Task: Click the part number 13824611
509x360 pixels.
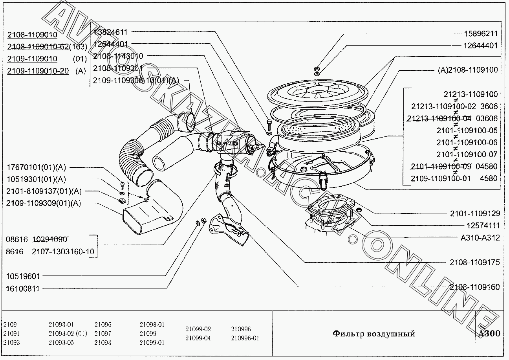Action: click(110, 32)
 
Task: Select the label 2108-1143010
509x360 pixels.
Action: click(118, 56)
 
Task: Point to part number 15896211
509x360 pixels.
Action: click(480, 34)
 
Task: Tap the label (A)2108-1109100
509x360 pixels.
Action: click(467, 70)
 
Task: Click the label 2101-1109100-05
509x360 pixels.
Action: click(467, 130)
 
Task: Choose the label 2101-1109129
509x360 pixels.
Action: click(475, 214)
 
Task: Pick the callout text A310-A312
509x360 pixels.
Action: click(480, 238)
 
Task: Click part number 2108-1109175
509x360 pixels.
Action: click(475, 262)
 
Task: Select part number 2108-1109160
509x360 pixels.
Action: click(475, 287)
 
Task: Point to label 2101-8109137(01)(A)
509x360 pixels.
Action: click(44, 191)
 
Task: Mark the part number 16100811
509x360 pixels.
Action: click(23, 288)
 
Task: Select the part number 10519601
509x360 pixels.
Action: click(23, 276)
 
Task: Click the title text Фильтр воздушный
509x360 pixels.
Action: click(374, 334)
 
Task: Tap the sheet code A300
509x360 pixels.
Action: click(489, 334)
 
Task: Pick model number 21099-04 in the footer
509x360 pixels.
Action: click(198, 338)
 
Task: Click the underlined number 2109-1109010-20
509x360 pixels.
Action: click(38, 71)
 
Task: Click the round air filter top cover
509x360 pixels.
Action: click(319, 92)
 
